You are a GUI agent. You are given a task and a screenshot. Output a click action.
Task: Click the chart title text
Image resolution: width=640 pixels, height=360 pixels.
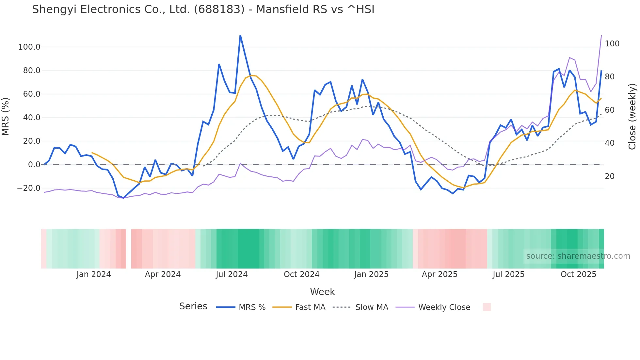pyautogui.click(x=203, y=9)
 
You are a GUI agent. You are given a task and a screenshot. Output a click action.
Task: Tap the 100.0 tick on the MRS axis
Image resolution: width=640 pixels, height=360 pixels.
pyautogui.click(x=29, y=47)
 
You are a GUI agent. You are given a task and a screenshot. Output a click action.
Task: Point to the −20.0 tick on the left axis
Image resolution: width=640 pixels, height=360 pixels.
pyautogui.click(x=29, y=188)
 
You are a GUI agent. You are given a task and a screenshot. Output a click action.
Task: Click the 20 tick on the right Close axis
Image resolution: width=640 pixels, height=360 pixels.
pyautogui.click(x=610, y=176)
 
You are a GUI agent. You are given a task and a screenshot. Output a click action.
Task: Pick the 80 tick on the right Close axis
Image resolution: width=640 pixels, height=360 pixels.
pyautogui.click(x=610, y=77)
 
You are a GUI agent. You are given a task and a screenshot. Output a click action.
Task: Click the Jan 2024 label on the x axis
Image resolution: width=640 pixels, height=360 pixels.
pyautogui.click(x=94, y=274)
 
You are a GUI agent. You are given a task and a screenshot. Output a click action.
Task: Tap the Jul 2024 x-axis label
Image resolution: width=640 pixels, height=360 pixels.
pyautogui.click(x=232, y=274)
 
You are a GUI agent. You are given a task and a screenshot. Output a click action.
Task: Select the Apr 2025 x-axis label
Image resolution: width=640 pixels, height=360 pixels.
pyautogui.click(x=440, y=274)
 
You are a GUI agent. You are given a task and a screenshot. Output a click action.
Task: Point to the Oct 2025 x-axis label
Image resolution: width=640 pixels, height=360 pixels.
pyautogui.click(x=578, y=274)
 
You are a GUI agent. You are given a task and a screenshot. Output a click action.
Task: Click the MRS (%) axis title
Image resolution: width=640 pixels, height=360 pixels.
pyautogui.click(x=6, y=117)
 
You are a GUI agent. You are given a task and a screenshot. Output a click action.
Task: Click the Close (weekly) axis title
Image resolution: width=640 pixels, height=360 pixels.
pyautogui.click(x=632, y=117)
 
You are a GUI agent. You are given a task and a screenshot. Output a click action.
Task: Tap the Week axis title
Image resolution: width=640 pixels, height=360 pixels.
pyautogui.click(x=322, y=292)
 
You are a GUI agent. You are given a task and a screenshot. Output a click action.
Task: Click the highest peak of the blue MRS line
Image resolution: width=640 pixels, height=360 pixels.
pyautogui.click(x=240, y=36)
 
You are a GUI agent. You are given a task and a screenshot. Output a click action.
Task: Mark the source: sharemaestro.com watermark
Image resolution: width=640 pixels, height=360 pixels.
pyautogui.click(x=578, y=256)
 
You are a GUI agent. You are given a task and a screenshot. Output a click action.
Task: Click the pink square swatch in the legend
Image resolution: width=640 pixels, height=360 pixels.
pyautogui.click(x=487, y=307)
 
